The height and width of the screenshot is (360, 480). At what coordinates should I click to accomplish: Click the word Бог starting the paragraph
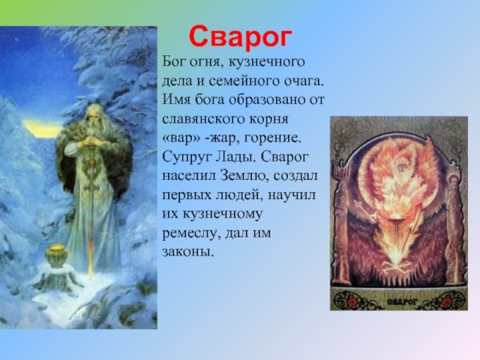point(175,62)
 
